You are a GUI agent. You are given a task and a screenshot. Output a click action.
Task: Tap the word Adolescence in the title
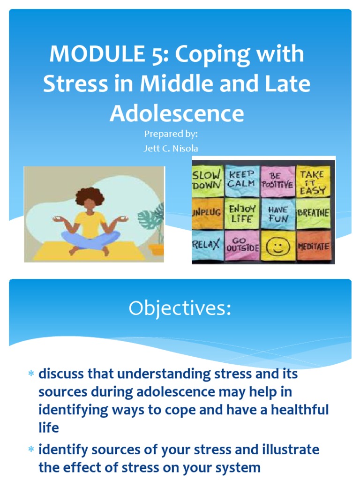tap(177, 113)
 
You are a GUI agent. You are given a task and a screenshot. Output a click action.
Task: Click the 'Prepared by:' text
tap(171, 134)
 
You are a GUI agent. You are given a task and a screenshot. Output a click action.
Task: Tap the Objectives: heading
tap(180, 309)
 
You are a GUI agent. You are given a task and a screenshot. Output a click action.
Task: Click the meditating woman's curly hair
tap(90, 196)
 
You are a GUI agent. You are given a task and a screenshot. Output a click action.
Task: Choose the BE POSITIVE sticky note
tap(277, 180)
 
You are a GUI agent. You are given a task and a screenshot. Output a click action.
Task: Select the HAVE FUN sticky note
tap(277, 213)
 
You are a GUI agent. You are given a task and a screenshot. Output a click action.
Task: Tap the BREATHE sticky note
tap(313, 212)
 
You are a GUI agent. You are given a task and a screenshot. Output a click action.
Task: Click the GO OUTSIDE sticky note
tap(242, 245)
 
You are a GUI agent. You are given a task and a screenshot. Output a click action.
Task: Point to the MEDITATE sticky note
tap(313, 246)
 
